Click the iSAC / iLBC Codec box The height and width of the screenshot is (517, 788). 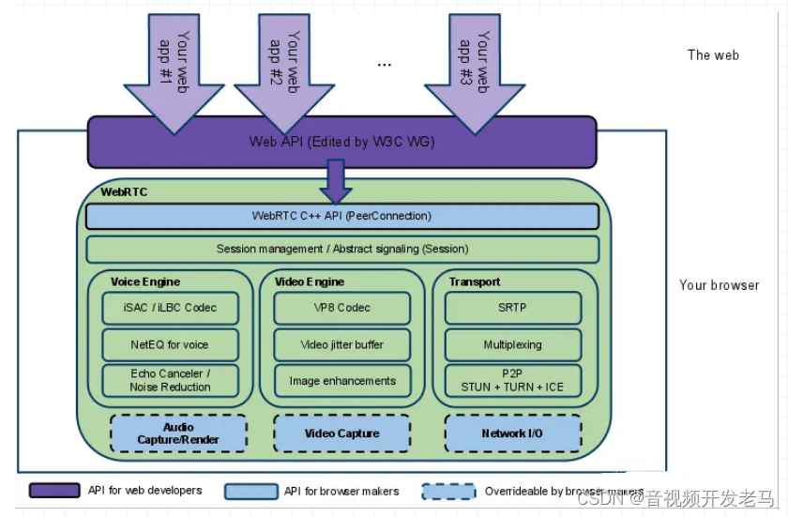[x=170, y=308]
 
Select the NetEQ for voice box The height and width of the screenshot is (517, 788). [x=170, y=344]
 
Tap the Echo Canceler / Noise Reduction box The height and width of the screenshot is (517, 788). [x=170, y=380]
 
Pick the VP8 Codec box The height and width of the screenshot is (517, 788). [x=341, y=308]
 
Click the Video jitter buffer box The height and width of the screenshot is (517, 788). [x=341, y=344]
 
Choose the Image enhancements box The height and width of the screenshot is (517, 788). [x=341, y=381]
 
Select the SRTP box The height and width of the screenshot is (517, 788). [x=512, y=308]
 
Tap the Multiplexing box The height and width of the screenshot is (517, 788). [x=512, y=344]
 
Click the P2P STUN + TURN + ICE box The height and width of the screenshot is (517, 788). [x=512, y=380]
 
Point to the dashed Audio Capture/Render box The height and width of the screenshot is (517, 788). [x=178, y=433]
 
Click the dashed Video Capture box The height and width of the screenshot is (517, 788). [x=341, y=433]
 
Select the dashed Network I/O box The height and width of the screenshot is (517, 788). [x=512, y=433]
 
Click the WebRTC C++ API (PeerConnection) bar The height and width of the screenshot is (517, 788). [x=341, y=216]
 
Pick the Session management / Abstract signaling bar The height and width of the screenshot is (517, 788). [x=341, y=249]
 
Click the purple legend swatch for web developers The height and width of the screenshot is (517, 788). [x=54, y=491]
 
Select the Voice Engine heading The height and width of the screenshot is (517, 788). [x=145, y=281]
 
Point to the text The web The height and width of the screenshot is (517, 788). [x=713, y=55]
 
